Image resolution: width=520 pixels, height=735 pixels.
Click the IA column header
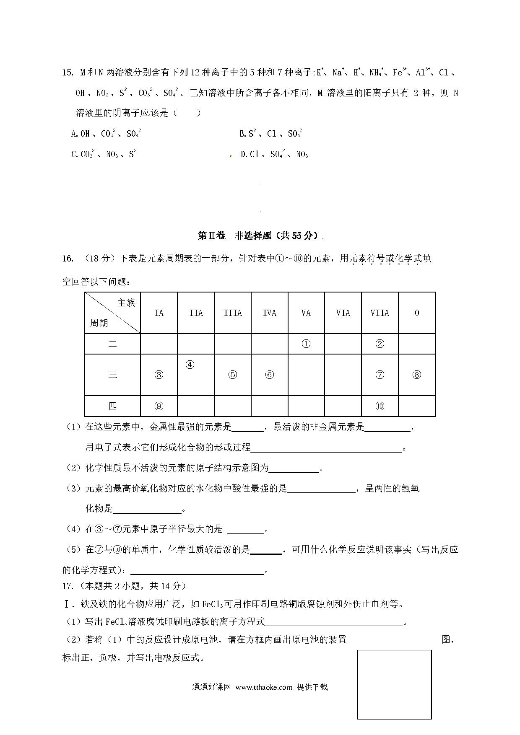point(159,313)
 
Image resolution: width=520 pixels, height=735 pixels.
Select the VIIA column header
point(380,313)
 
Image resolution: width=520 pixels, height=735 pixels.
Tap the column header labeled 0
point(416,313)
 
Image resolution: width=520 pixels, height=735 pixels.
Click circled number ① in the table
point(306,344)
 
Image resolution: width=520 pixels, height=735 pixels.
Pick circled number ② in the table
point(380,344)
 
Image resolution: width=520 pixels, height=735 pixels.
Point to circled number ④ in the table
point(190,365)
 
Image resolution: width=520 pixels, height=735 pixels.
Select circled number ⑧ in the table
point(416,375)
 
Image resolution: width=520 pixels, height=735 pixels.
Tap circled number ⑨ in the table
point(159,406)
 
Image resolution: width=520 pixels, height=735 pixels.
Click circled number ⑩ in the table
point(380,406)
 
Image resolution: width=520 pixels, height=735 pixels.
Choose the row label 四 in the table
point(112,406)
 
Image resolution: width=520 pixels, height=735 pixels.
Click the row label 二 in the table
point(112,344)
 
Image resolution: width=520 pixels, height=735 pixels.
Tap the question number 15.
point(68,72)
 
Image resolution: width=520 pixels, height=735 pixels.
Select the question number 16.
point(68,258)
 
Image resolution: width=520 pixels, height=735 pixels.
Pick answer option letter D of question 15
point(244,155)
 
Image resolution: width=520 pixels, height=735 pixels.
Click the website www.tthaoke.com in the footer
point(264,687)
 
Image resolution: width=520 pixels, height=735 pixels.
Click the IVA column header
point(269,313)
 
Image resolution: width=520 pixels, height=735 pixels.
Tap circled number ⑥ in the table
point(269,375)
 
